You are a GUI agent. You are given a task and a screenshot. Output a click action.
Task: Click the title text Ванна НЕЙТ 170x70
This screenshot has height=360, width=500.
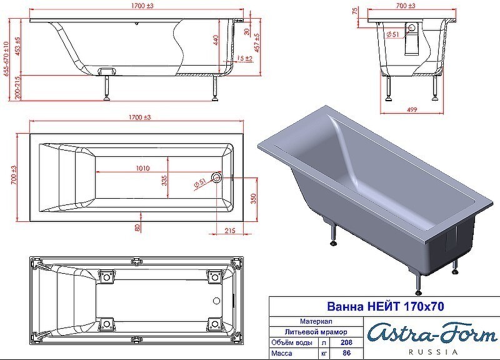point(385,306)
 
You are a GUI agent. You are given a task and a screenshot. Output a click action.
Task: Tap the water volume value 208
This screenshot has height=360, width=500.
point(346,342)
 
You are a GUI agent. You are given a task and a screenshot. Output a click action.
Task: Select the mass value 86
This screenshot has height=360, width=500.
point(346,353)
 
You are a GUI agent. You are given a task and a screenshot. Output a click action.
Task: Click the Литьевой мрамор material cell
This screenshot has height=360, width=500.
point(316,332)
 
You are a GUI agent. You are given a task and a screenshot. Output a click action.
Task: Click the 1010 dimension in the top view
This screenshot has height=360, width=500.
point(142,168)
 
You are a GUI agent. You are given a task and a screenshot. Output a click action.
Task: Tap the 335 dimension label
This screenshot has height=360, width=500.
point(164,181)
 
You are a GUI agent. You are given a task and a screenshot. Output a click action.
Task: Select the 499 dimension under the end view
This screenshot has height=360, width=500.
point(412,109)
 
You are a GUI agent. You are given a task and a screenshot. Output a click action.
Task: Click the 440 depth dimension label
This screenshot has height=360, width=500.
point(216,40)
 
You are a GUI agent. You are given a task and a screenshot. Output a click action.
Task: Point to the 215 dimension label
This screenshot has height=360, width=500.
point(229,230)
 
